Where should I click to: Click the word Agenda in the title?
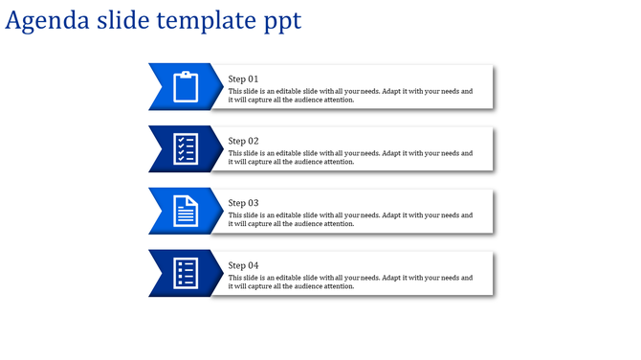click(x=47, y=21)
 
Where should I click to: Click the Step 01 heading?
click(x=243, y=79)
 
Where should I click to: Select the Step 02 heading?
click(x=243, y=141)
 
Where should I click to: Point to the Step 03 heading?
click(x=243, y=203)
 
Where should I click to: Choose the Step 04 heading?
click(x=243, y=265)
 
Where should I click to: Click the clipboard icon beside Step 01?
click(x=186, y=87)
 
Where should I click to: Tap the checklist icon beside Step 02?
click(x=186, y=149)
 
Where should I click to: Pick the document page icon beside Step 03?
click(x=186, y=212)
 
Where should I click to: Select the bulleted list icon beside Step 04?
click(x=186, y=274)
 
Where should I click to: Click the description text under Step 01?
click(x=350, y=96)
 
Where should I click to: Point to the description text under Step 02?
click(x=350, y=158)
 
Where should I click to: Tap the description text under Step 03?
click(x=350, y=220)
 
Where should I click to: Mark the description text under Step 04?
click(x=350, y=282)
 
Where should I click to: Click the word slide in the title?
click(x=122, y=21)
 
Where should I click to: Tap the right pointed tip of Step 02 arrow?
click(x=222, y=149)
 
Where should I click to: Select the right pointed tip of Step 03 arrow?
click(x=222, y=212)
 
